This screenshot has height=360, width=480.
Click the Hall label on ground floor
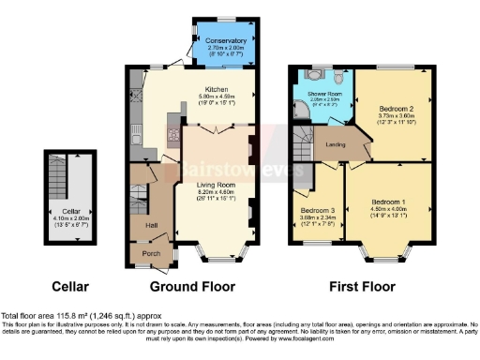click(148, 226)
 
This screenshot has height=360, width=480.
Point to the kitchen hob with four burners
click(172, 134)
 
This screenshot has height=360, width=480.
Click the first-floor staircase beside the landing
click(304, 145)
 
